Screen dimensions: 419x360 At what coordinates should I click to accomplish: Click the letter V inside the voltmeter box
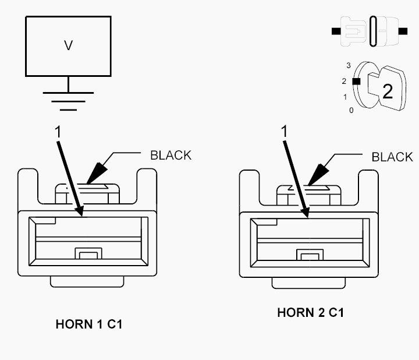coord(69,45)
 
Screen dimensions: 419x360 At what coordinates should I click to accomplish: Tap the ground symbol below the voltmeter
coord(69,101)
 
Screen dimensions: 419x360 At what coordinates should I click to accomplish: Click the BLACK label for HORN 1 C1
coord(171,156)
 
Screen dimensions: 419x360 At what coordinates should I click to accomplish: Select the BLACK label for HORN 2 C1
coord(392,157)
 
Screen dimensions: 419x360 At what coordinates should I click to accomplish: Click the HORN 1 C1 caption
coord(89,324)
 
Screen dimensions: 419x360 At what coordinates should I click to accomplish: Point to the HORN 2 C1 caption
coord(311,312)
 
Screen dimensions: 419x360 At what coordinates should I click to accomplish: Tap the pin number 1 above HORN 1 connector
coord(58,132)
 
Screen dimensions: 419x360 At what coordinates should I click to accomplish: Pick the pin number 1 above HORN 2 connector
coord(285,131)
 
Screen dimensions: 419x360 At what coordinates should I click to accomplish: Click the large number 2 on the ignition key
coord(388,91)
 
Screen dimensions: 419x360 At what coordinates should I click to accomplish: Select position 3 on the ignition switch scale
coord(349,65)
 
